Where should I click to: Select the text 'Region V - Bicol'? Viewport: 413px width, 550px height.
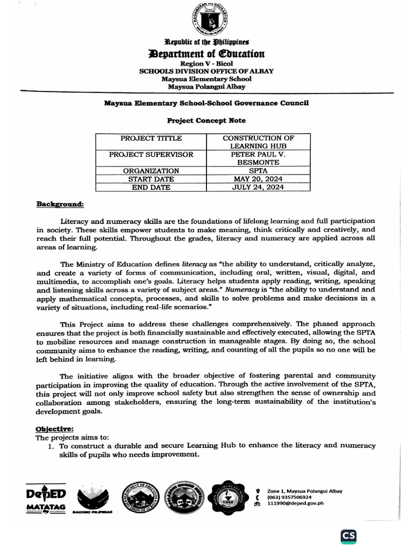point(206,63)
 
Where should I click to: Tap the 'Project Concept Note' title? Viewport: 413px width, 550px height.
point(206,121)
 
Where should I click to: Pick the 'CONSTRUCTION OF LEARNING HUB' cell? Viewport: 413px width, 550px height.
point(258,142)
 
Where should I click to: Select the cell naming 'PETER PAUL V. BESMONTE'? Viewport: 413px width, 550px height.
point(258,158)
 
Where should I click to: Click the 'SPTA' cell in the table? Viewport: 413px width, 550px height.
point(258,171)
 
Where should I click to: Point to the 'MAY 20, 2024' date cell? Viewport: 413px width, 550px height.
point(258,179)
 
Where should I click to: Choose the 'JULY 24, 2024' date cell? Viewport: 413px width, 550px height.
point(258,187)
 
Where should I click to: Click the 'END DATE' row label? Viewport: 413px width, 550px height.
point(151,187)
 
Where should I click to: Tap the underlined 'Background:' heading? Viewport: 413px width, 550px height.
point(60,204)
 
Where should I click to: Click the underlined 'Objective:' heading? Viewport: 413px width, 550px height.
point(54,429)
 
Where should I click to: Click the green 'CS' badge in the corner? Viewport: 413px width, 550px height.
point(348,535)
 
